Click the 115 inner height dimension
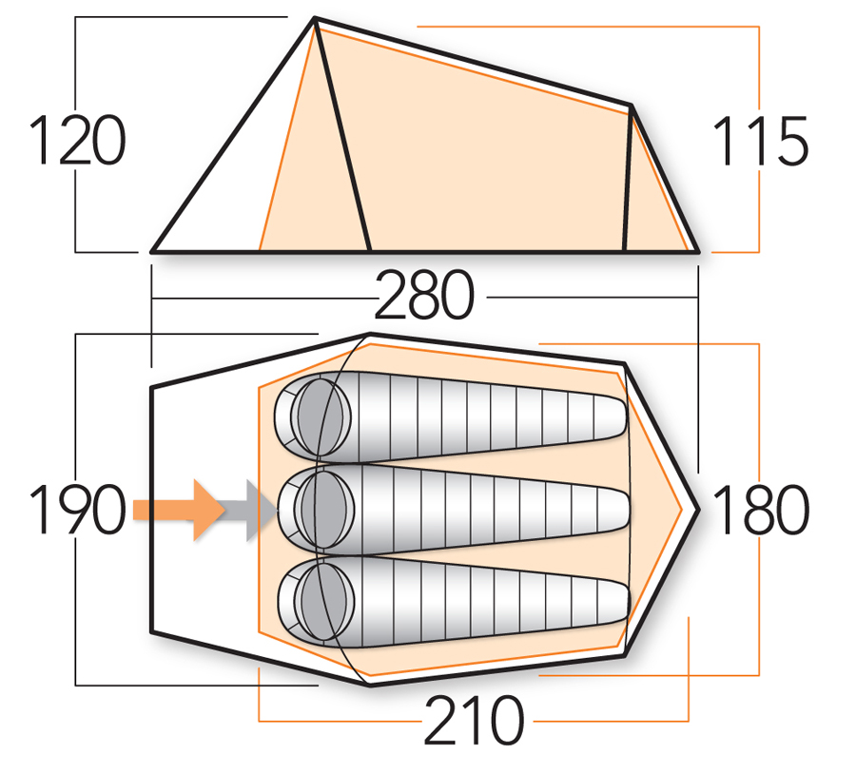pos(760,143)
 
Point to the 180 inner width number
pos(760,510)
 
